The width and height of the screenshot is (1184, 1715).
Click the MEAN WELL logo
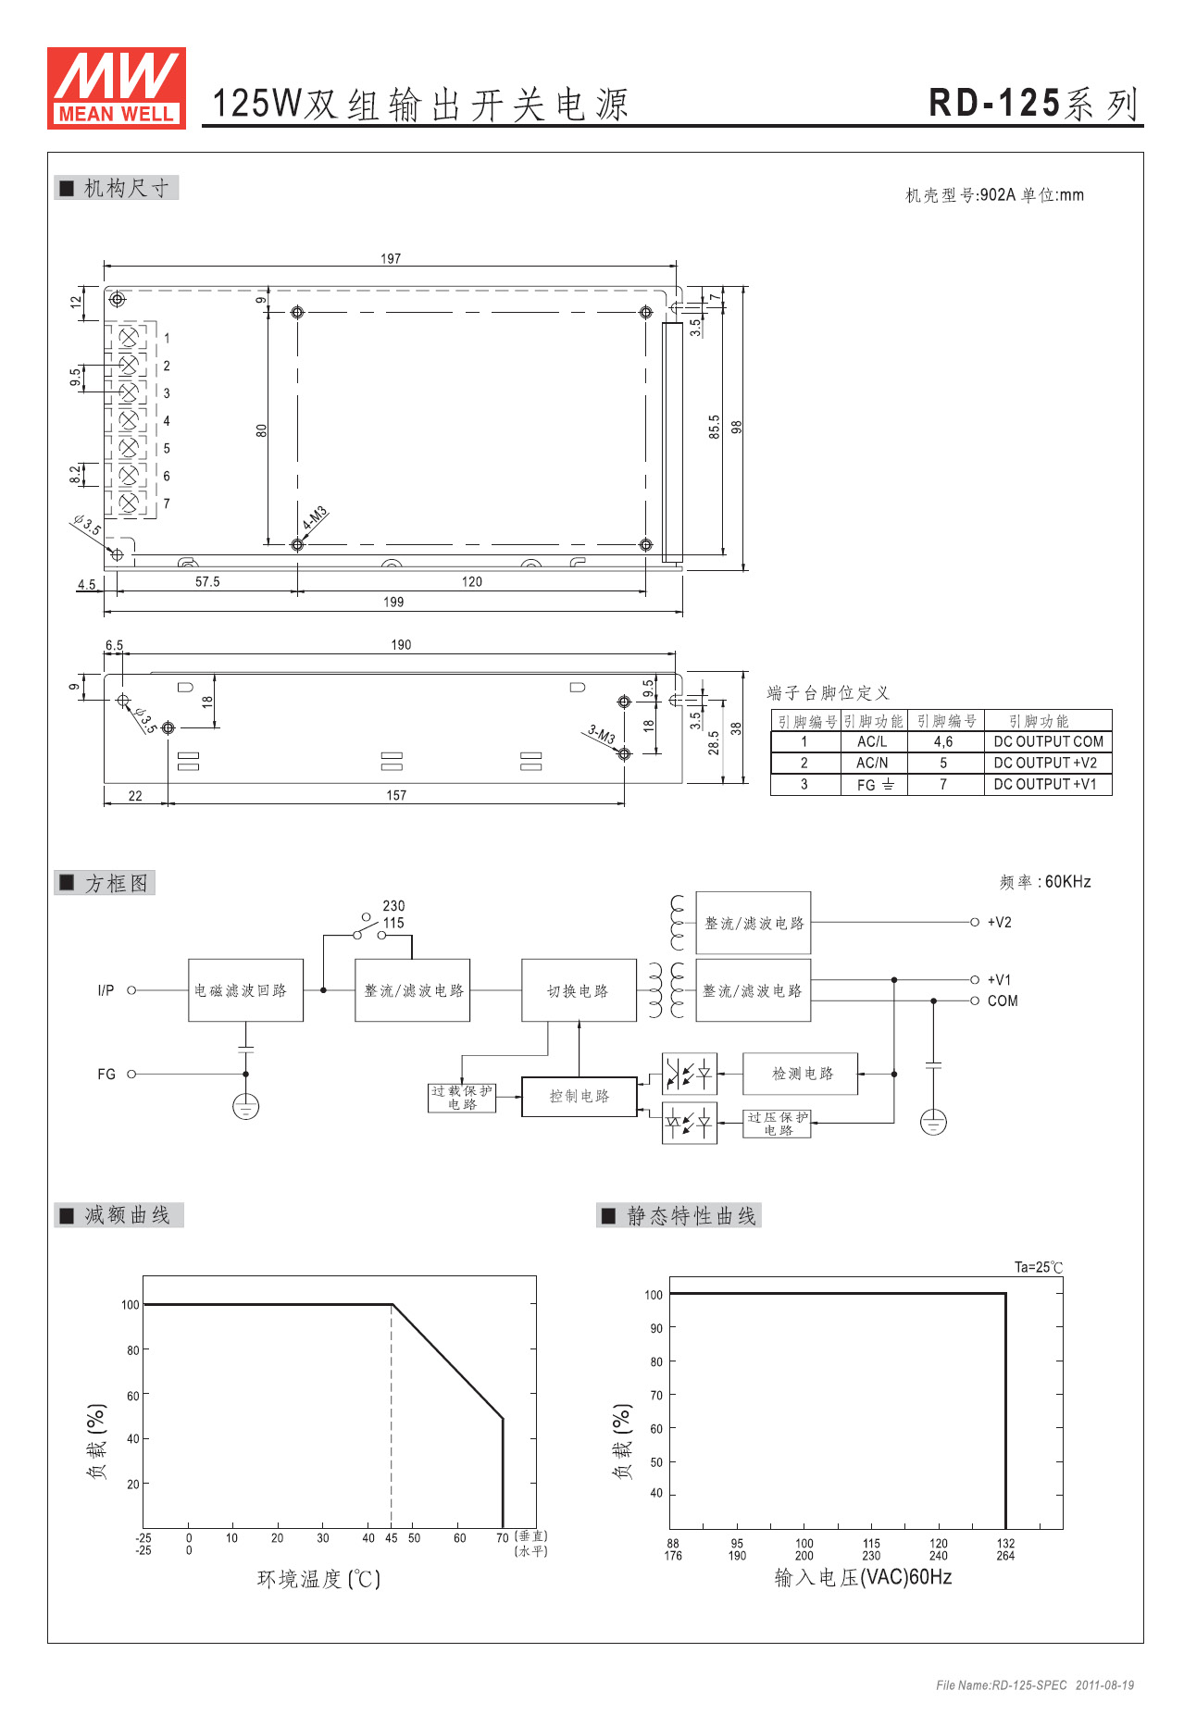coord(117,88)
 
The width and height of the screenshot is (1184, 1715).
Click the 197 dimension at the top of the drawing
coord(391,258)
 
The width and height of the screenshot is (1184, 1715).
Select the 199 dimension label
coord(393,602)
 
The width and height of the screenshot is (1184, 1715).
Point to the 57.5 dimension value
coord(207,581)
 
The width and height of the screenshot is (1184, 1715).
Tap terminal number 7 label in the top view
coord(167,503)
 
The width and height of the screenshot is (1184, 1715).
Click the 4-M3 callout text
coord(315,518)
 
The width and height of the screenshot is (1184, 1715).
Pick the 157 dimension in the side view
coord(396,795)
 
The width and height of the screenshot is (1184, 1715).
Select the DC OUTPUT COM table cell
coord(1048,741)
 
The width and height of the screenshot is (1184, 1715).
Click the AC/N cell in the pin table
coord(872,763)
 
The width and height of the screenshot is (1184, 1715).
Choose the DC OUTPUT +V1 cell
coord(1048,784)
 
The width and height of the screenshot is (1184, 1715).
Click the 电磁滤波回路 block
coord(245,990)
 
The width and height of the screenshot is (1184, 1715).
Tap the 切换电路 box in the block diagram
coord(579,990)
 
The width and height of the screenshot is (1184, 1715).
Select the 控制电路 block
coord(580,1097)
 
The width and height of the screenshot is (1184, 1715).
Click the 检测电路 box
coord(801,1074)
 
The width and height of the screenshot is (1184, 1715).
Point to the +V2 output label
coord(999,922)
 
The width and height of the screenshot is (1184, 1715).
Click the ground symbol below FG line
coord(245,1106)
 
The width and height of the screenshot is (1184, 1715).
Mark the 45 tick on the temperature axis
coord(392,1538)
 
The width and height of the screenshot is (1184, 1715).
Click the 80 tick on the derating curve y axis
coord(133,1350)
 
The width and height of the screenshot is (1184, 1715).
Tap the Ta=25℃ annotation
coord(1039,1267)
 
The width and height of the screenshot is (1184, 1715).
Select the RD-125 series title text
coord(1034,103)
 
